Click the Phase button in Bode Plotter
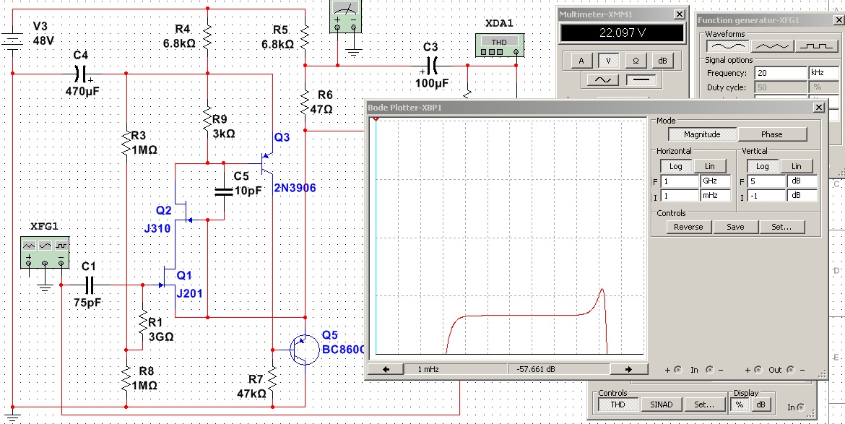click(771, 134)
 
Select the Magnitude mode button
click(702, 134)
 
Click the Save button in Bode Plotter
click(734, 227)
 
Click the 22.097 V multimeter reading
click(622, 33)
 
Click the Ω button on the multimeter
click(636, 61)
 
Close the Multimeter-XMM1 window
click(678, 14)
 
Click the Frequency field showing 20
click(780, 73)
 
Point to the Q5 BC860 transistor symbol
click(303, 350)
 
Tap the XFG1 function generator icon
click(45, 252)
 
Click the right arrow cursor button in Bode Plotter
click(622, 369)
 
